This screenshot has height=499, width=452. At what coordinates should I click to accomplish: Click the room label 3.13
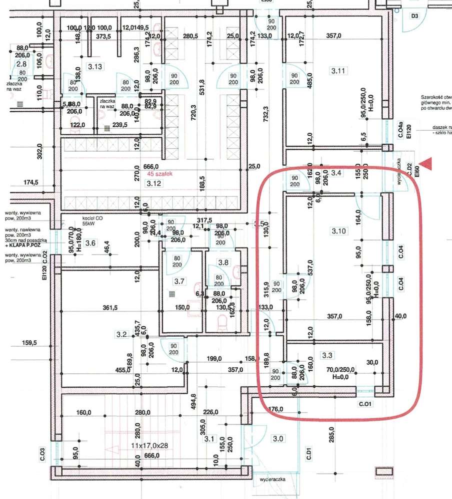(x=94, y=67)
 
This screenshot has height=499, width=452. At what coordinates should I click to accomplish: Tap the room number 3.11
(x=338, y=70)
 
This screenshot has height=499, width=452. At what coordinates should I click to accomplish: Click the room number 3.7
(x=179, y=281)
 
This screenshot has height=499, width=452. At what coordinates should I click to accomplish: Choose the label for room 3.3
(x=328, y=355)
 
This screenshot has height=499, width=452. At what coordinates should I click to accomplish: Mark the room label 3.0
(x=278, y=439)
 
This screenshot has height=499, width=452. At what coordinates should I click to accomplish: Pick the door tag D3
(x=414, y=16)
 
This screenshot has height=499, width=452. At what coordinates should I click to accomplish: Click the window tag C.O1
(x=364, y=403)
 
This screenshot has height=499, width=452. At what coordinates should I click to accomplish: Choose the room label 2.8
(x=21, y=64)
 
